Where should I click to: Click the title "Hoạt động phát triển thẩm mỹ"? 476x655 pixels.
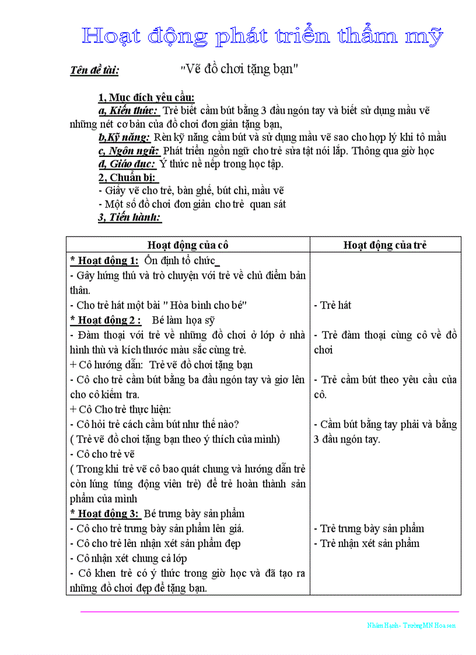[262, 36]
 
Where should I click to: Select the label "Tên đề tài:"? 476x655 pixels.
[94, 71]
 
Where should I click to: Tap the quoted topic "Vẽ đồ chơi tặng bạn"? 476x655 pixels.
[240, 68]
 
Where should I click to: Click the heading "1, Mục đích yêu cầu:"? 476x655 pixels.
[146, 97]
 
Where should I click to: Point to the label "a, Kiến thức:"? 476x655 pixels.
[128, 110]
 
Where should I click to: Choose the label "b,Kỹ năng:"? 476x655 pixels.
[124, 138]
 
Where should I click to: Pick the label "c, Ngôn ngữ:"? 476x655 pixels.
[128, 151]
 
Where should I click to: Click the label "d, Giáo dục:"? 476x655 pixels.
[127, 164]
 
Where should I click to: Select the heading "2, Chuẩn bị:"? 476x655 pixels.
[128, 177]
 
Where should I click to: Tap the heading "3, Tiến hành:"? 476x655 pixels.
[129, 218]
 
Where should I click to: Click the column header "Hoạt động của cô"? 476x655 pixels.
[188, 245]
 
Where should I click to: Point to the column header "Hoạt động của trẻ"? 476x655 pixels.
[385, 245]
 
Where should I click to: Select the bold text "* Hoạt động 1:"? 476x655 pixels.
[104, 260]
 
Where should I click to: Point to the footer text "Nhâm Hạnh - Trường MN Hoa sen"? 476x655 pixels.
[411, 625]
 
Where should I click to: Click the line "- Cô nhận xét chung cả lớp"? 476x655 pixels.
[128, 558]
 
